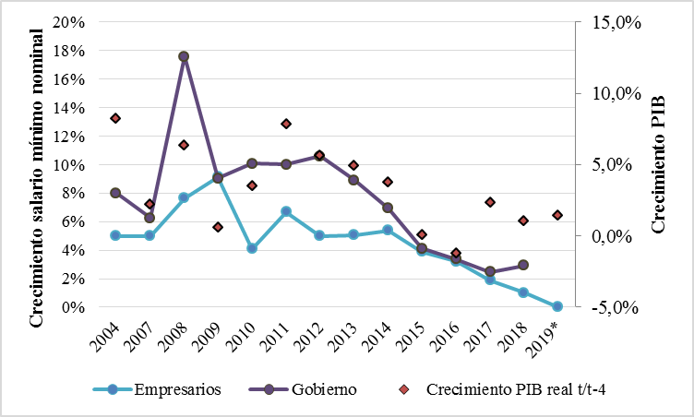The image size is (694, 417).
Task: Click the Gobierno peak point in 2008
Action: [x=184, y=56]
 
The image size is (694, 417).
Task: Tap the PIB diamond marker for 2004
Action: [x=115, y=118]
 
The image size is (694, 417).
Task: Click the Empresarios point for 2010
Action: [x=252, y=248]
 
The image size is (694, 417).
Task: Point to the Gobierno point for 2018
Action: [x=523, y=265]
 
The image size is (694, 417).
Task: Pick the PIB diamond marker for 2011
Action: [x=286, y=124]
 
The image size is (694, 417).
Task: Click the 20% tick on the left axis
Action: [x=72, y=22]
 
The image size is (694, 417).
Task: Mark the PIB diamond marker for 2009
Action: [x=218, y=227]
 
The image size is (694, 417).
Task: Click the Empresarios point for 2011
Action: [x=286, y=211]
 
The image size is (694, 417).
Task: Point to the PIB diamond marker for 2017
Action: [x=490, y=202]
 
